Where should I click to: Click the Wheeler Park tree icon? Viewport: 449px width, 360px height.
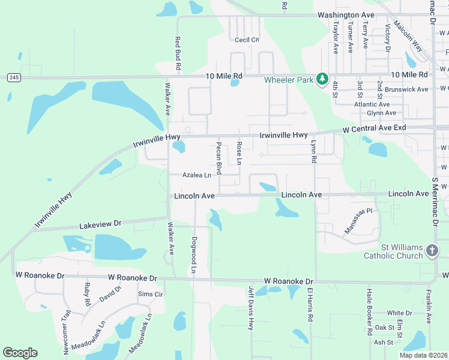(322, 79)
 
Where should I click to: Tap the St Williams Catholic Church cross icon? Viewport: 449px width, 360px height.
(432, 251)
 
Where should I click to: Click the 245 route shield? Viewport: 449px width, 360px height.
(14, 77)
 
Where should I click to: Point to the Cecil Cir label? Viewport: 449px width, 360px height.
(247, 40)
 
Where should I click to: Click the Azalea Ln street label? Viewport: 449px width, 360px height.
(198, 175)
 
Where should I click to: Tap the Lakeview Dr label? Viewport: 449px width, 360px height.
(101, 224)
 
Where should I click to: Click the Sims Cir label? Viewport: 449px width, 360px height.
(151, 294)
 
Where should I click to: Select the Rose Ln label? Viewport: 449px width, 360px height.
(238, 154)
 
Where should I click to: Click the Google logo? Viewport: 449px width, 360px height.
(20, 353)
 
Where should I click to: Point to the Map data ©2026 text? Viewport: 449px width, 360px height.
(423, 355)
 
